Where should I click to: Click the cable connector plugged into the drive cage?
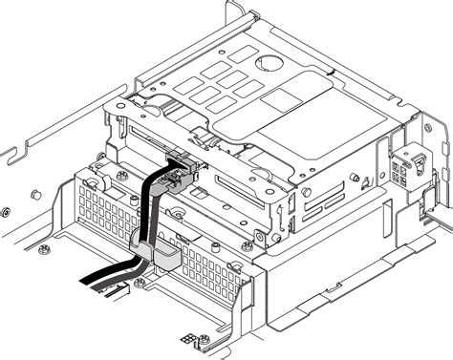[x=183, y=165]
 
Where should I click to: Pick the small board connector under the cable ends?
[x=127, y=287]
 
